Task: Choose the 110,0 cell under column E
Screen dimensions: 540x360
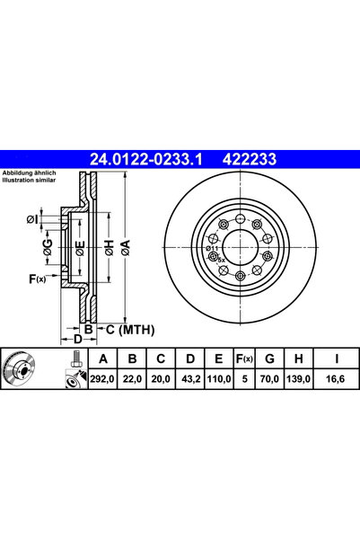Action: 216,379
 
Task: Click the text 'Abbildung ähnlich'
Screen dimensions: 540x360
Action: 30,172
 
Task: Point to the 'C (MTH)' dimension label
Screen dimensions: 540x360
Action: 120,329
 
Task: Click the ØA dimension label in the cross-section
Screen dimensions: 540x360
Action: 127,244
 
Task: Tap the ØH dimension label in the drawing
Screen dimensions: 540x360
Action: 109,244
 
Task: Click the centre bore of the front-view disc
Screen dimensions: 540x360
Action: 239,245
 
